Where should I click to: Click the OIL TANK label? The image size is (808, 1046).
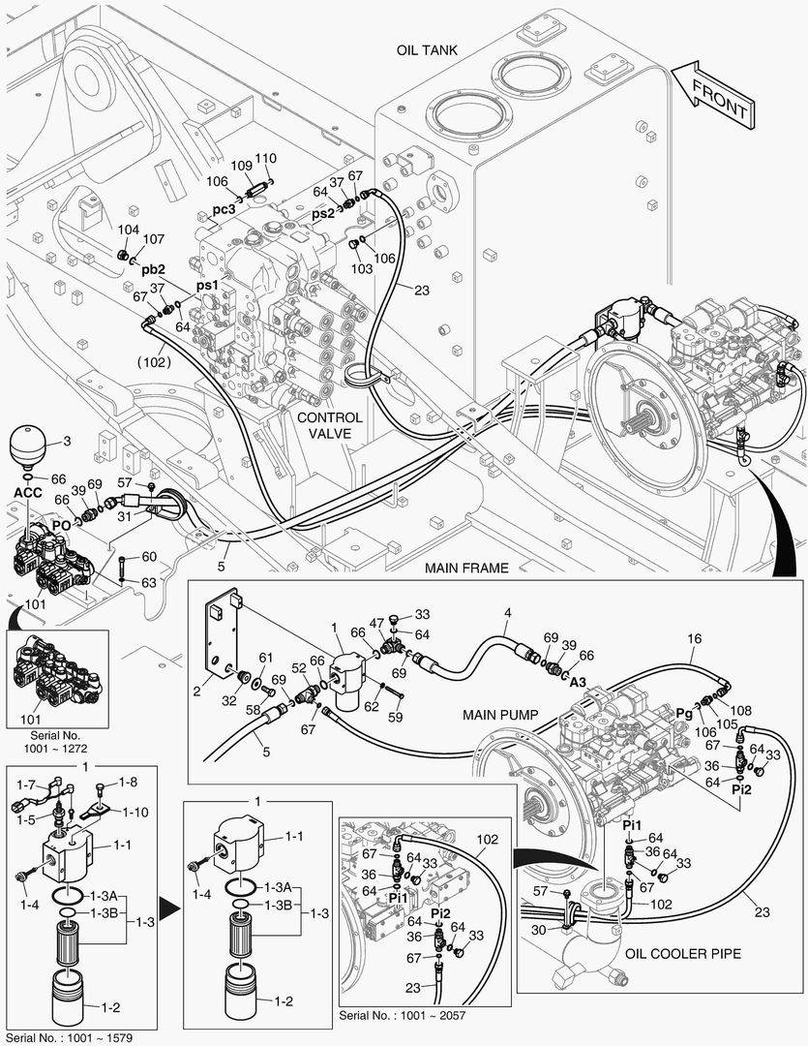[x=427, y=49]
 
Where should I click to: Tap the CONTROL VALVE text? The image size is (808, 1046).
[x=329, y=426]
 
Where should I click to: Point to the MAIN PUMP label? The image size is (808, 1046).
[x=499, y=716]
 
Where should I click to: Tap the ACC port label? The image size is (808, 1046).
[x=29, y=493]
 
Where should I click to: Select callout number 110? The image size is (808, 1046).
[x=265, y=158]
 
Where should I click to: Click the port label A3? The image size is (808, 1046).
[x=578, y=682]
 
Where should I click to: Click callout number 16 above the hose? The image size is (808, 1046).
[x=694, y=639]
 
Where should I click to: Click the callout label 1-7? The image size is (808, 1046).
[x=26, y=784]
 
